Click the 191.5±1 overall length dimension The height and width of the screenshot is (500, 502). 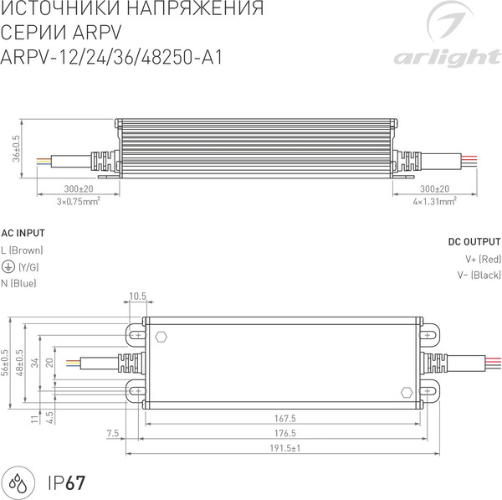click(284, 448)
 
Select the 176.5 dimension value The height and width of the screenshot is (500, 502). click(284, 433)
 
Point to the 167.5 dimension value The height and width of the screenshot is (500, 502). click(284, 418)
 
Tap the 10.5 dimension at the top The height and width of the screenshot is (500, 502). click(137, 296)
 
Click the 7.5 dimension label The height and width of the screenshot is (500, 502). click(114, 433)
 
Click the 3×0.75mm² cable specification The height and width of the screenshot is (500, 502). click(79, 202)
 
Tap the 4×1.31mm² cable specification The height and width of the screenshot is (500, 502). click(434, 202)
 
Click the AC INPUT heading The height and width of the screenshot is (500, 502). click(23, 233)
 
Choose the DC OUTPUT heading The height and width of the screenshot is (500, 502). click(474, 241)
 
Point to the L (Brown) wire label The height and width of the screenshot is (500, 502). click(22, 250)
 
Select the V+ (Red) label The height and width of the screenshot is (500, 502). click(483, 259)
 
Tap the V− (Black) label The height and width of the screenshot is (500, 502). click(479, 276)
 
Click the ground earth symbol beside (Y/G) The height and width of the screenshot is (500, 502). click(7, 267)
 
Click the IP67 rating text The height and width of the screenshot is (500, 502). click(66, 482)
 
